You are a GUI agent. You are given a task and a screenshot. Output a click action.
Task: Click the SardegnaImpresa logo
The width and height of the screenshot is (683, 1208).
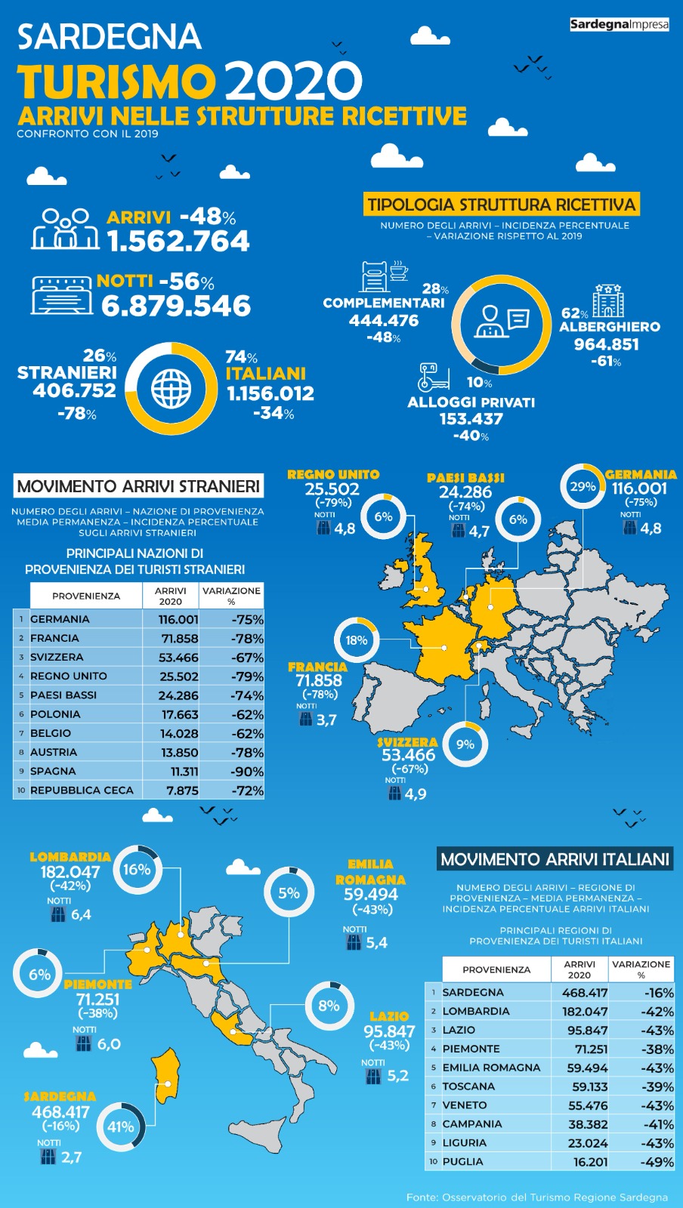tap(619, 24)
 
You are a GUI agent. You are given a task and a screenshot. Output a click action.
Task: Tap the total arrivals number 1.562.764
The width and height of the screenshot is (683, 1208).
tap(178, 242)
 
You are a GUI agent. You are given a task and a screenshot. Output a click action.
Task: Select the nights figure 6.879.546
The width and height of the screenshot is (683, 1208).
tap(176, 307)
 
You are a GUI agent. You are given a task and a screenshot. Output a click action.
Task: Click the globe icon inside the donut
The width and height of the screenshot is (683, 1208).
tap(172, 389)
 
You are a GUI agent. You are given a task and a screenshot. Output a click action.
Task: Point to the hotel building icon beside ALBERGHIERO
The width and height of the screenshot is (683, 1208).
tap(607, 300)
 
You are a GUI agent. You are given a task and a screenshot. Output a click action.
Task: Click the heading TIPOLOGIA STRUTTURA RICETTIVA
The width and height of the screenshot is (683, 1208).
tap(502, 205)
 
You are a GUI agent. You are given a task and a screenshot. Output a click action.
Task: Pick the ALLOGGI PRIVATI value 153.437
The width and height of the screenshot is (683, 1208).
tap(471, 419)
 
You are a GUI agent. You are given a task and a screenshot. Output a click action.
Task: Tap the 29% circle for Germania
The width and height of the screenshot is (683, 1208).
tap(583, 487)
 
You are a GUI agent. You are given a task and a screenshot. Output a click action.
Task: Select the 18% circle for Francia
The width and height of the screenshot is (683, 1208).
tap(356, 640)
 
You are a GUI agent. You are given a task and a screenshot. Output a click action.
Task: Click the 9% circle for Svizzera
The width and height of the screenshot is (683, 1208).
tap(465, 744)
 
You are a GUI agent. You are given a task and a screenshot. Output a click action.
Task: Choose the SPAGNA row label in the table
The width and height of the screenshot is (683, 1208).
tap(53, 771)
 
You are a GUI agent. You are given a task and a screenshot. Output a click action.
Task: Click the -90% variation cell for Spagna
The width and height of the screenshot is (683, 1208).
tap(247, 772)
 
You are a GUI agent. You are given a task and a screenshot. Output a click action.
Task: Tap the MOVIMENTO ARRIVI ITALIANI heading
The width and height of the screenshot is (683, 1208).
tap(555, 859)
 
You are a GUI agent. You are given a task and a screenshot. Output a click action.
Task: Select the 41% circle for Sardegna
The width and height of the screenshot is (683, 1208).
tap(121, 1127)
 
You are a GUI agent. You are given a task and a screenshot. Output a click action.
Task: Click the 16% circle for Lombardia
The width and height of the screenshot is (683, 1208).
tap(137, 870)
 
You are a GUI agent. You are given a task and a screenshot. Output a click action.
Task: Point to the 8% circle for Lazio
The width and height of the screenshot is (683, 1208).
tap(329, 1006)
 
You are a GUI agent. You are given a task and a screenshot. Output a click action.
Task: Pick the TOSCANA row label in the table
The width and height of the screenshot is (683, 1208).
tap(468, 1086)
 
